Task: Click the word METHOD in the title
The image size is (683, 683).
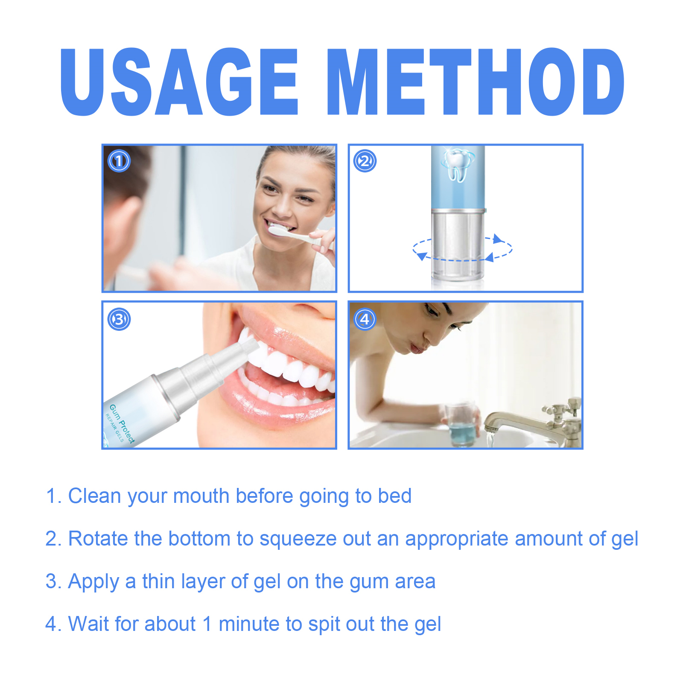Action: coord(475,82)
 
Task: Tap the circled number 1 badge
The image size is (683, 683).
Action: coord(119,161)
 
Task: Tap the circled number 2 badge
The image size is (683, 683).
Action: coord(365,161)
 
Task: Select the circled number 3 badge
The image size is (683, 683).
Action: coord(119,319)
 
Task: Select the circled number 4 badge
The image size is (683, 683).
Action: coord(365,319)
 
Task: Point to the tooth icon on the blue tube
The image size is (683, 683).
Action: coord(457,164)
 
